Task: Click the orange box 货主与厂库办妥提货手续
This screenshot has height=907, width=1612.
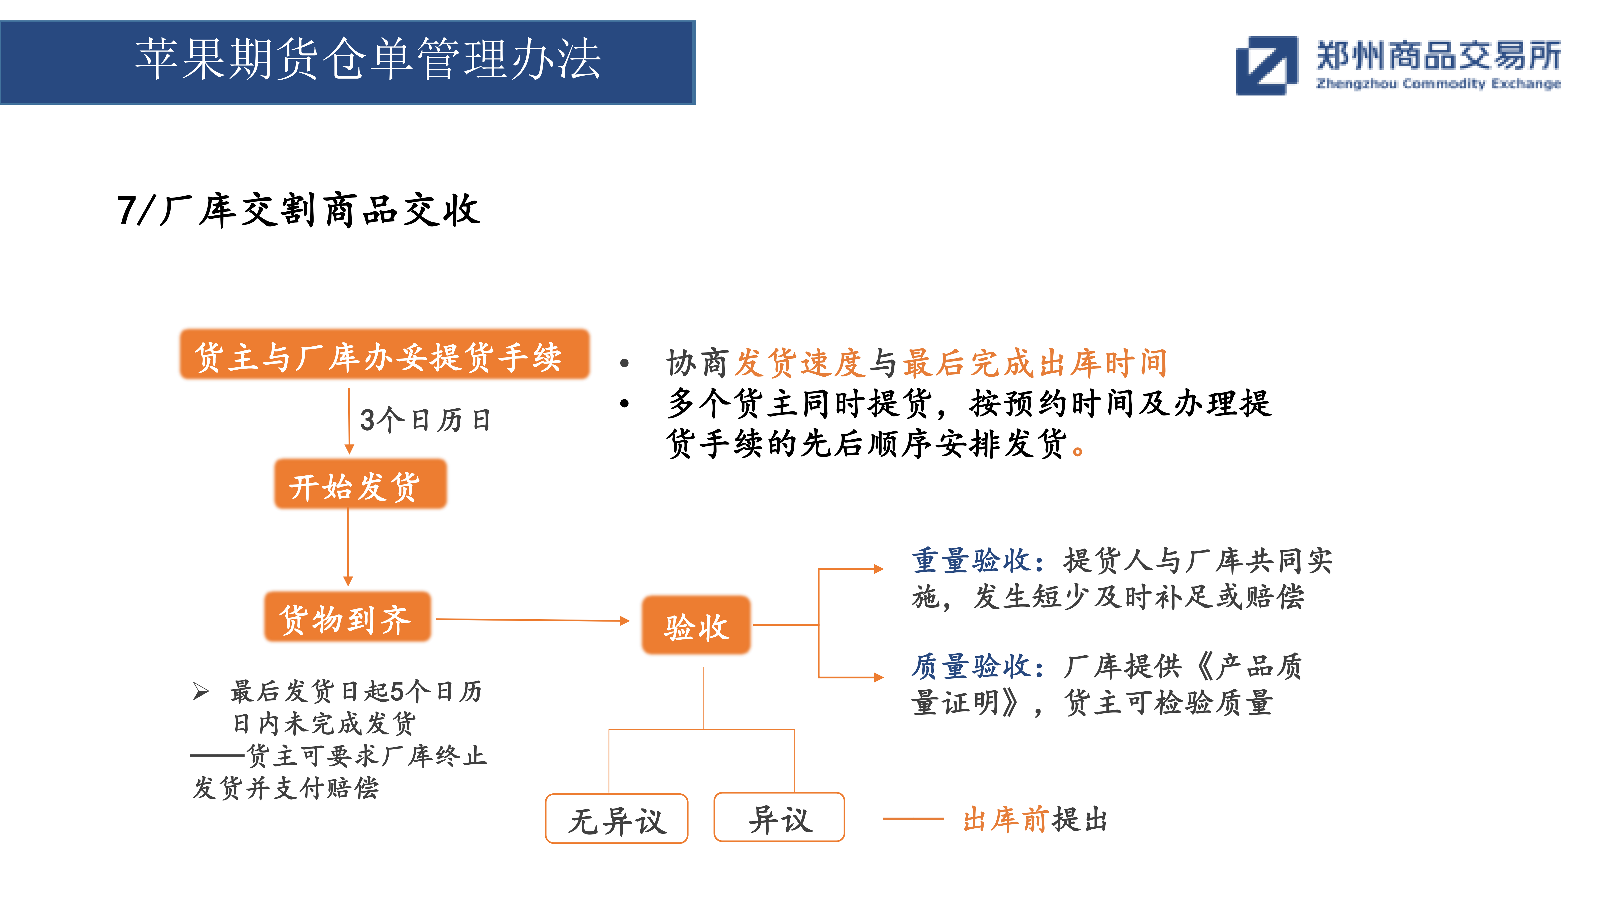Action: (x=384, y=354)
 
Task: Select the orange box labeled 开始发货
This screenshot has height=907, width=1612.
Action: (x=360, y=484)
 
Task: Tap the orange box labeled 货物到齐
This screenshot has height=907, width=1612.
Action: (x=347, y=617)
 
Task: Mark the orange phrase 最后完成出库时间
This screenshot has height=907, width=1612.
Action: (x=1035, y=363)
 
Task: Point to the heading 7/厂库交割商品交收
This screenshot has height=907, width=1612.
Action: (x=298, y=210)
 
